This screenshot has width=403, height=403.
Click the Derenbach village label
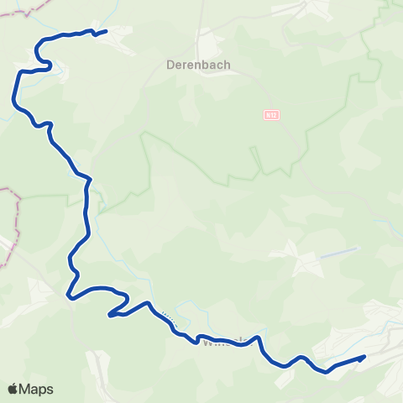(199, 64)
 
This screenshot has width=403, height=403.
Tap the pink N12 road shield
(270, 114)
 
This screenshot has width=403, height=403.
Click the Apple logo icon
(14, 389)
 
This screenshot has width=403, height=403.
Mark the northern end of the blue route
(106, 31)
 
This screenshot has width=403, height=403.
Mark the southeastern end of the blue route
(364, 358)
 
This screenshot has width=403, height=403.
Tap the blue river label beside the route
(168, 320)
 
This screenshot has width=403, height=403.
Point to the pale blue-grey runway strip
(339, 251)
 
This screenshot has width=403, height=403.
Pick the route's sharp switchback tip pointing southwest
(110, 317)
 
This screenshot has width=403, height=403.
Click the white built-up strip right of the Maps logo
(99, 369)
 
